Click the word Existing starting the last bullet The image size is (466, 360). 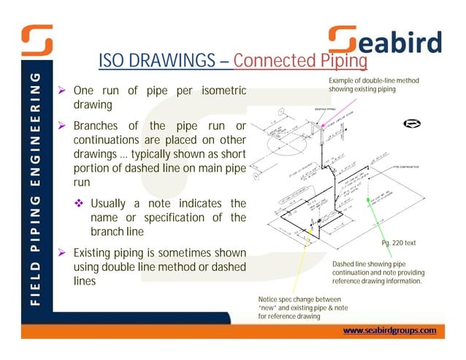95,253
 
